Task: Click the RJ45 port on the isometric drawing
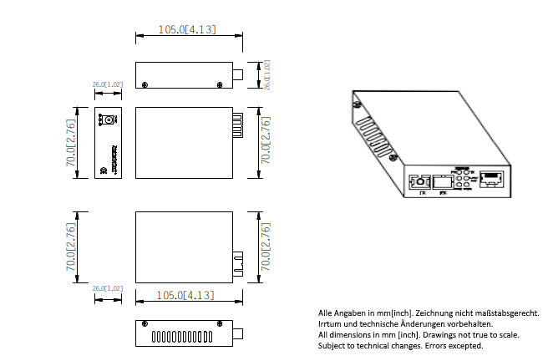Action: pyautogui.click(x=492, y=180)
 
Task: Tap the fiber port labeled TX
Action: pyautogui.click(x=419, y=182)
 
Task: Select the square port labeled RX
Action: pyautogui.click(x=445, y=181)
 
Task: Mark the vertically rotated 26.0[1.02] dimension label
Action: pyautogui.click(x=267, y=75)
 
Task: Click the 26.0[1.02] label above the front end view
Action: pyautogui.click(x=107, y=85)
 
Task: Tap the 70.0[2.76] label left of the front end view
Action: pyautogui.click(x=71, y=141)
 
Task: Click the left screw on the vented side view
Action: pyautogui.click(x=146, y=323)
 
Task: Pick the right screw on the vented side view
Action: pyautogui.click(x=221, y=323)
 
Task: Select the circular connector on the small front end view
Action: pyautogui.click(x=106, y=122)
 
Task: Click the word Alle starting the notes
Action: pyautogui.click(x=326, y=313)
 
